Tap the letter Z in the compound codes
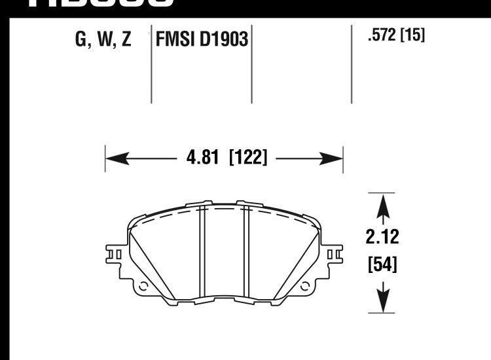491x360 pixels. (126, 40)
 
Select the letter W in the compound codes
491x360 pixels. (104, 40)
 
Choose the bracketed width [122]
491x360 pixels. (248, 158)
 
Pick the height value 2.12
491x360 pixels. (382, 236)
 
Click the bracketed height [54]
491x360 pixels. (382, 265)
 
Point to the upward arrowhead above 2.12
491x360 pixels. (382, 204)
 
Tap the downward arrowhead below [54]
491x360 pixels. (382, 302)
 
